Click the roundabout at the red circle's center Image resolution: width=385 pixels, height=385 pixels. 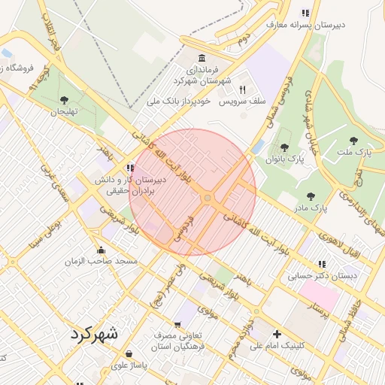[x=208, y=198]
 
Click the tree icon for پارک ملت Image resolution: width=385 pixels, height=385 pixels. [x=353, y=140]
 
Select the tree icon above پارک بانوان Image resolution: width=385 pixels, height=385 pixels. [x=284, y=147]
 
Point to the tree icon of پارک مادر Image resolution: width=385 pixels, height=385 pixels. [x=311, y=197]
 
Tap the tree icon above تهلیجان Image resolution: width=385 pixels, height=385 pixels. [x=64, y=99]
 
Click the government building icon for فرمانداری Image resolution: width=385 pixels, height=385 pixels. [x=201, y=59]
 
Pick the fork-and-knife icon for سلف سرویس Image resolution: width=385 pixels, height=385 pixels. [x=242, y=89]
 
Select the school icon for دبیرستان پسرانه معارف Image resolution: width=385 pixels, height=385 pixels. [x=305, y=13]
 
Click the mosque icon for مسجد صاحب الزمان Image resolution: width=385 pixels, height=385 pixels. [x=101, y=250]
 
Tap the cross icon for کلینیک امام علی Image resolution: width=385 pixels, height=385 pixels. [x=277, y=334]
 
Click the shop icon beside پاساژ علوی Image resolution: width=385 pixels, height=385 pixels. [x=129, y=353]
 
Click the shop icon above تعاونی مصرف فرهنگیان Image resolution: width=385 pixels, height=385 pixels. [x=177, y=324]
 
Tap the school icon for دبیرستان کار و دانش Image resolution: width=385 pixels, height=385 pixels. [x=131, y=168]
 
